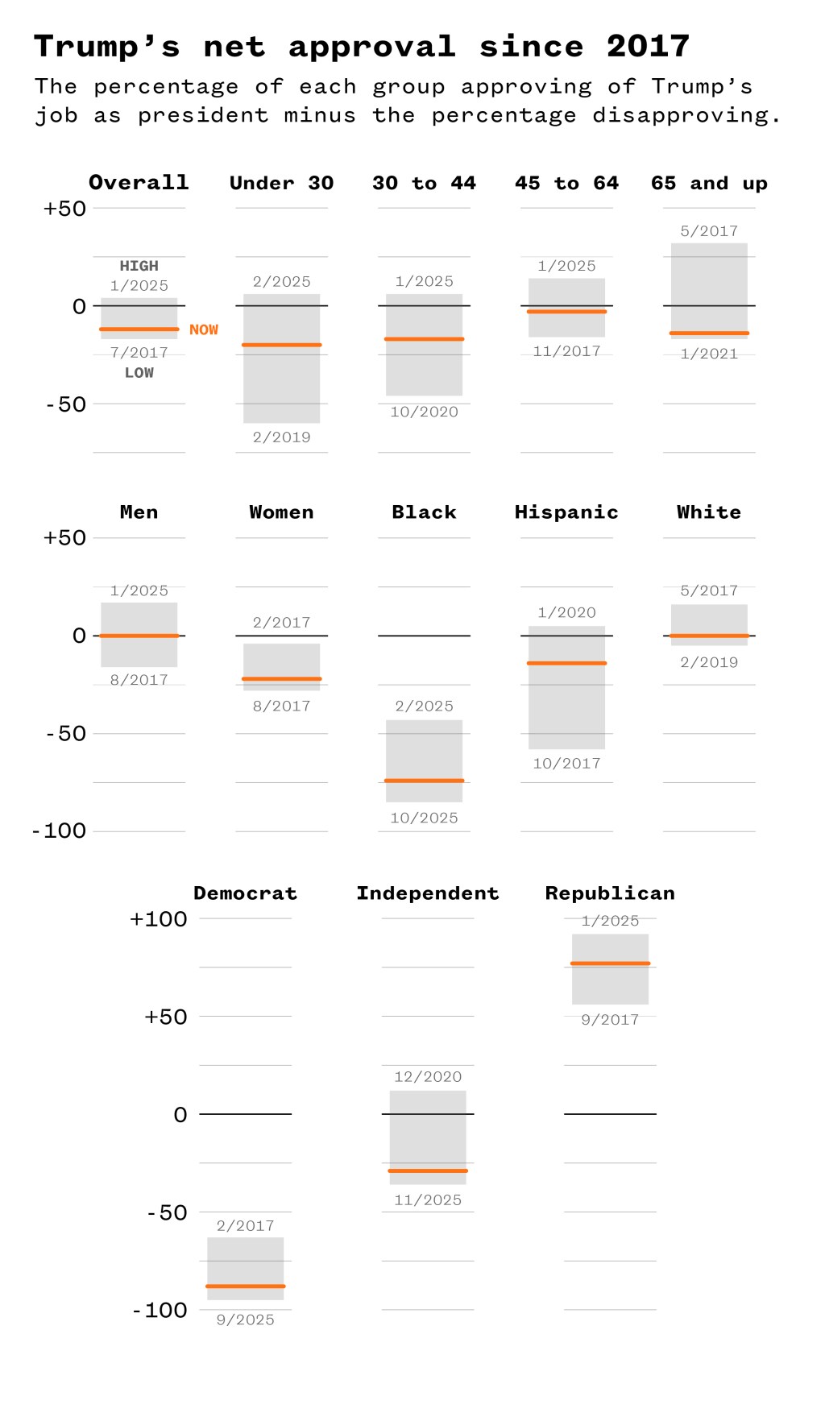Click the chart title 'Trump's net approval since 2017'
(361, 47)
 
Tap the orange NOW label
(204, 329)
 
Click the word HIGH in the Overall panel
(139, 266)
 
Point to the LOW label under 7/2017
(139, 373)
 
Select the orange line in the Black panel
(424, 781)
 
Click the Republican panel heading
(610, 893)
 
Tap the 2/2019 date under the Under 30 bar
(281, 437)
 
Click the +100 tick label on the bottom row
(159, 919)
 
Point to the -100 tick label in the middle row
(60, 831)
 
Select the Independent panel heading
(428, 893)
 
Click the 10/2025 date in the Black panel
(424, 818)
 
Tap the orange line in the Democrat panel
(245, 1286)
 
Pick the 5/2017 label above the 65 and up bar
(709, 231)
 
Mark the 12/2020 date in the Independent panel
(428, 1077)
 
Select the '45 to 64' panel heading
(566, 184)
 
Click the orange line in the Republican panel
(610, 963)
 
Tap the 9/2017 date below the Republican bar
(610, 1020)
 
